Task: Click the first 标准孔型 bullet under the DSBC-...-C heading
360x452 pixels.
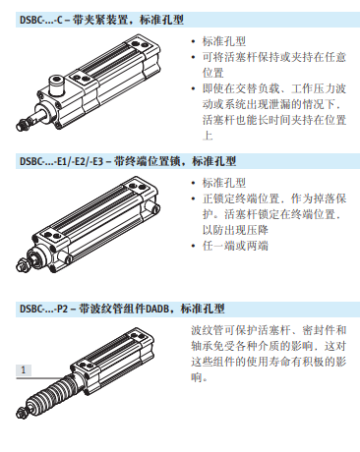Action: point(223,42)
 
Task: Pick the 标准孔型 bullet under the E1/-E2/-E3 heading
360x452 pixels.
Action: point(223,183)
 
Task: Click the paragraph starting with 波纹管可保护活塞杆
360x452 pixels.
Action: point(267,355)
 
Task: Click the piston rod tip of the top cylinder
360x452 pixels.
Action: point(21,127)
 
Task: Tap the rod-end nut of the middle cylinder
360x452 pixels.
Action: point(27,260)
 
